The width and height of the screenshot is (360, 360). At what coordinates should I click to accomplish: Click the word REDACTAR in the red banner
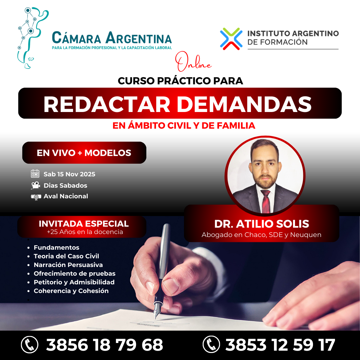[x=107, y=104]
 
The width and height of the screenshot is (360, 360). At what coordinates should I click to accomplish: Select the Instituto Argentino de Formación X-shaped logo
[x=231, y=39]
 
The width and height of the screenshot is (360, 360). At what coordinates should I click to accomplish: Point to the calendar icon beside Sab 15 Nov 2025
[x=35, y=174]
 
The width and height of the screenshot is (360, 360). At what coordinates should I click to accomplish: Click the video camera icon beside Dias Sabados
[x=35, y=185]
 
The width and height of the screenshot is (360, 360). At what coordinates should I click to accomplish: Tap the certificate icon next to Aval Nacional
[x=36, y=197]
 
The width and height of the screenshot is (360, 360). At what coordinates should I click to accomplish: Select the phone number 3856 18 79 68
[x=104, y=345]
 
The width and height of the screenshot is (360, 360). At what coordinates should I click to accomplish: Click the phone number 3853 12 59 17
[x=280, y=345]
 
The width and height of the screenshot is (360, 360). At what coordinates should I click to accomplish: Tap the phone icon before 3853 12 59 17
[x=211, y=344]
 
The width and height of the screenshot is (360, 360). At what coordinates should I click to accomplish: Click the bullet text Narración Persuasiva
[x=68, y=265]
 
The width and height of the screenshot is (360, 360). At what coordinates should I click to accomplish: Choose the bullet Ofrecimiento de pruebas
[x=74, y=274]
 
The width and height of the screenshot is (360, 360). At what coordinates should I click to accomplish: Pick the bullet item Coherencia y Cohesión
[x=71, y=291]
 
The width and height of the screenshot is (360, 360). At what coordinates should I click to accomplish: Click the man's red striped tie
[x=266, y=202]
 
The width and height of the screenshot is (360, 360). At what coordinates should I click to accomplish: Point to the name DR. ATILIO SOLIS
[x=261, y=224]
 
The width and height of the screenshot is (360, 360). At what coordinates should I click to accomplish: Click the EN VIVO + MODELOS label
[x=84, y=153]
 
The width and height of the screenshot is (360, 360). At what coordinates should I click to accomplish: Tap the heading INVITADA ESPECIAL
[x=84, y=224]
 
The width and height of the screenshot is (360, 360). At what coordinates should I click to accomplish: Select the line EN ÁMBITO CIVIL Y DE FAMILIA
[x=184, y=126]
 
